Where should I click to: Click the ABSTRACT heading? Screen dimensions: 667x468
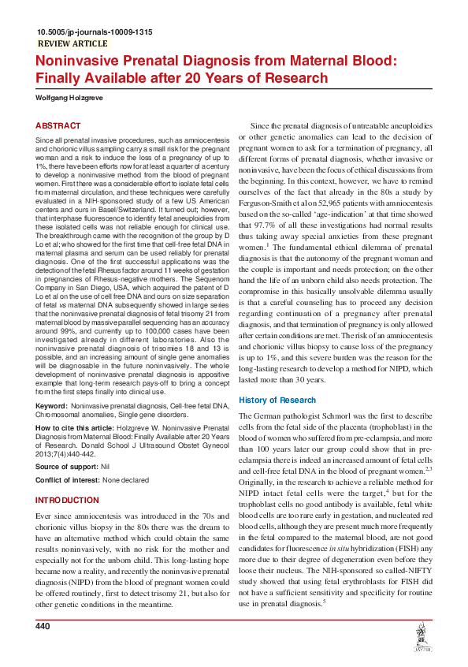[58, 126]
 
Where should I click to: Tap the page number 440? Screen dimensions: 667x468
[43, 625]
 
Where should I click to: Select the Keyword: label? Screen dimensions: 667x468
[52, 405]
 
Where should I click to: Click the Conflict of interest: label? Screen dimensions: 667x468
[69, 481]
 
